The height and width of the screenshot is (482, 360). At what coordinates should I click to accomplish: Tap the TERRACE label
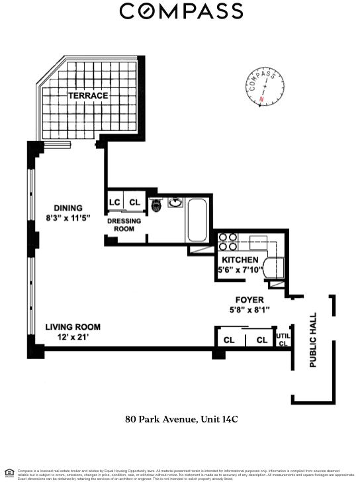[x=87, y=95]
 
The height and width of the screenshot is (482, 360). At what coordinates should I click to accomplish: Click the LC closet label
[x=114, y=203]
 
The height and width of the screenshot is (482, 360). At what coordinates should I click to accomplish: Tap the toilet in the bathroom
[x=156, y=204]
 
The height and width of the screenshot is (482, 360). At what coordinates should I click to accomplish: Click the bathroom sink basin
[x=175, y=203]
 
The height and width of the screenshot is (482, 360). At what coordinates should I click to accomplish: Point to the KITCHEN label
[x=240, y=260]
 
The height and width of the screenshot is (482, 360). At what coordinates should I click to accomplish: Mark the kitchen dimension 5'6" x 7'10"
[x=240, y=269]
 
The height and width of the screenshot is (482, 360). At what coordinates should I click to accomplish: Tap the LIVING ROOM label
[x=73, y=326]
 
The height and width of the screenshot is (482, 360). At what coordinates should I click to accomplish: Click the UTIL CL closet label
[x=283, y=339]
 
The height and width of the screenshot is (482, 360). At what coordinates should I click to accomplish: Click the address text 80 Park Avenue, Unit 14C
[x=181, y=418]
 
